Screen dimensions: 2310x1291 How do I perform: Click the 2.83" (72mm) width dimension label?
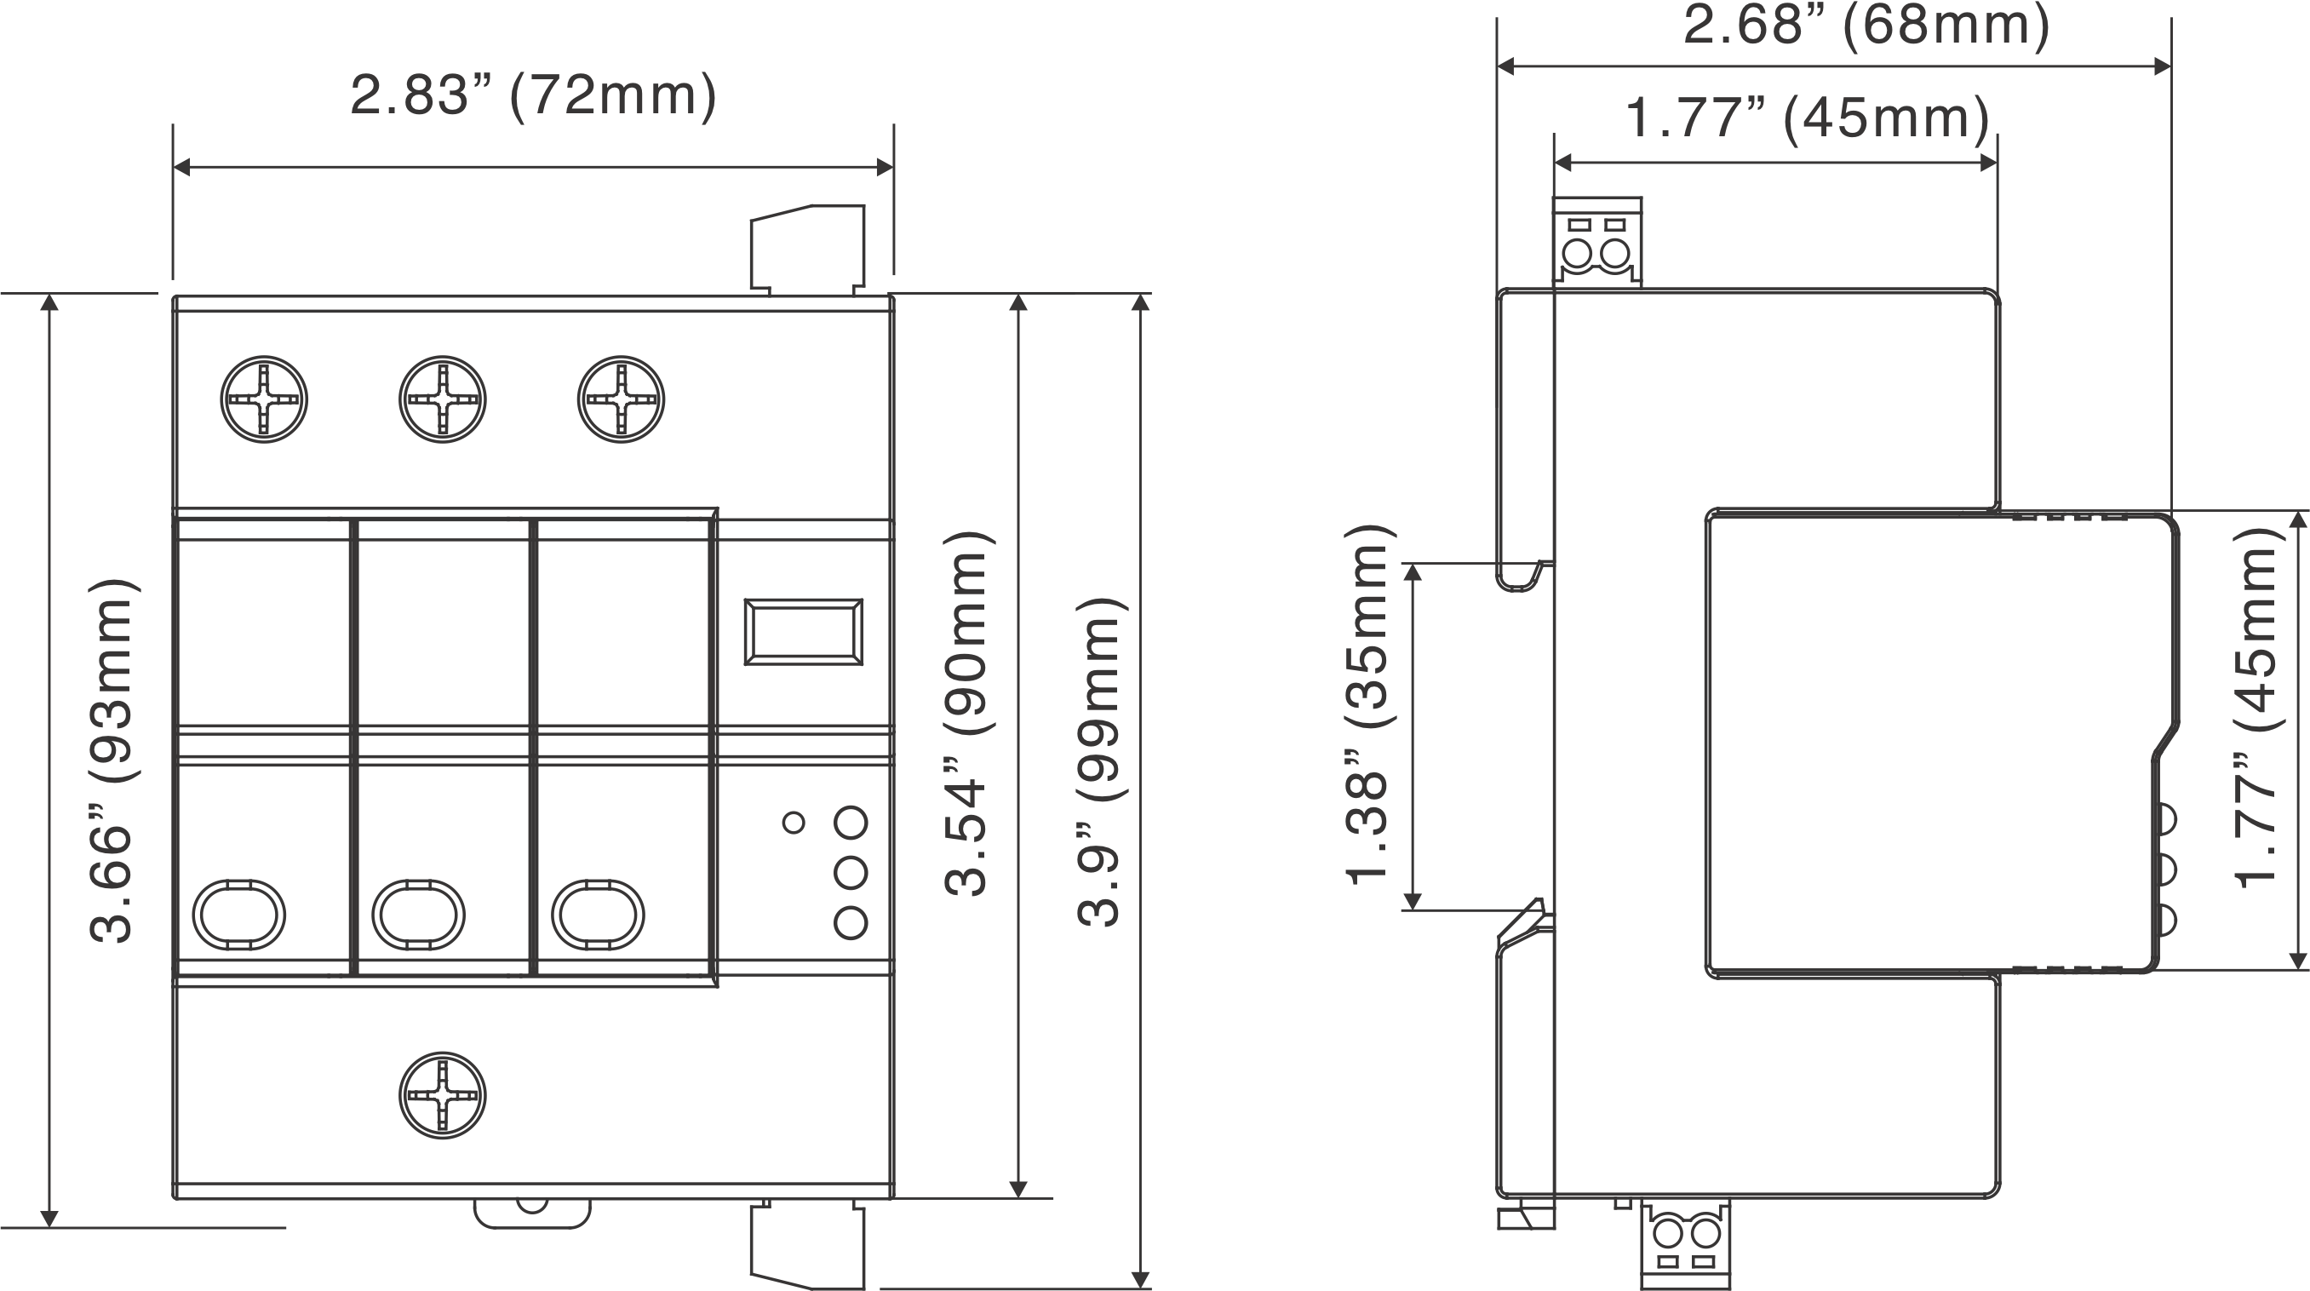pos(534,96)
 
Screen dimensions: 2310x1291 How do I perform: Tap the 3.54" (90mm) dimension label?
pos(966,714)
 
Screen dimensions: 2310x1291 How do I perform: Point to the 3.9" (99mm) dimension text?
pos(1098,760)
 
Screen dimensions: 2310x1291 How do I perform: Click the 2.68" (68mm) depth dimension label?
pos(1866,25)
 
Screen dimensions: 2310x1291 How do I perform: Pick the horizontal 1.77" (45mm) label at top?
pos(1808,118)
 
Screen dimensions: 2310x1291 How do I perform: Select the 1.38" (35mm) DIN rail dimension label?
pos(1367,704)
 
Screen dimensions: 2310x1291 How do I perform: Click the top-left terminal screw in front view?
pos(264,399)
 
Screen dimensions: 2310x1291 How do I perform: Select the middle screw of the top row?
pos(442,399)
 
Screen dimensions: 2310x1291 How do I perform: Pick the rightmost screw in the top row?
pos(621,399)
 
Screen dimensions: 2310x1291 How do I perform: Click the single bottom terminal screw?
pos(442,1095)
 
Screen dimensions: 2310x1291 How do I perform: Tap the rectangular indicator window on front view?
pos(804,633)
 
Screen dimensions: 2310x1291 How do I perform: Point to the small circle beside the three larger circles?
pos(794,822)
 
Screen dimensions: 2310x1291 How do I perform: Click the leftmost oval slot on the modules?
pos(238,915)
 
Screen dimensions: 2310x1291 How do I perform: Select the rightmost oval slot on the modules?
pos(597,915)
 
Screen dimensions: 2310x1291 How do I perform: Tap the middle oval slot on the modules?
pos(418,915)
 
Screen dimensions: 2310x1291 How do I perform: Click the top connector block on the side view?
pos(1597,242)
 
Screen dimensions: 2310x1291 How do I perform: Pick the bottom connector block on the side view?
pos(1685,1244)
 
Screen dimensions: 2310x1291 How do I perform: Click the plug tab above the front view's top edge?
pos(808,249)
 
